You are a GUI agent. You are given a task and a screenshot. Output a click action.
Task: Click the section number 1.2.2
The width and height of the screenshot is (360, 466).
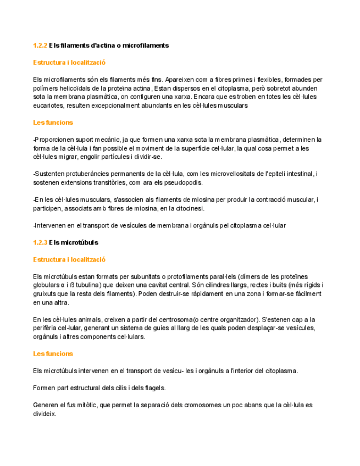pyautogui.click(x=40, y=45)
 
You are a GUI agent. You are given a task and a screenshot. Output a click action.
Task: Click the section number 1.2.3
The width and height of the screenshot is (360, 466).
pyautogui.click(x=40, y=242)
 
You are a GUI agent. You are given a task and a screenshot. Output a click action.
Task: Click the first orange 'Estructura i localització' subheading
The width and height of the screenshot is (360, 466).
pyautogui.click(x=69, y=63)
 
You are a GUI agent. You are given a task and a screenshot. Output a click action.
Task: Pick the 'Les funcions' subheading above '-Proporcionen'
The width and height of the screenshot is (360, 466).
pyautogui.click(x=53, y=122)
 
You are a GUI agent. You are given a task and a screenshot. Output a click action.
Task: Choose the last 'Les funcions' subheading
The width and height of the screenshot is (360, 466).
pyautogui.click(x=53, y=354)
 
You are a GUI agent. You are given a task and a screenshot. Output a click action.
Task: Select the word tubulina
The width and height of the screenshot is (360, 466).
pyautogui.click(x=84, y=285)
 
